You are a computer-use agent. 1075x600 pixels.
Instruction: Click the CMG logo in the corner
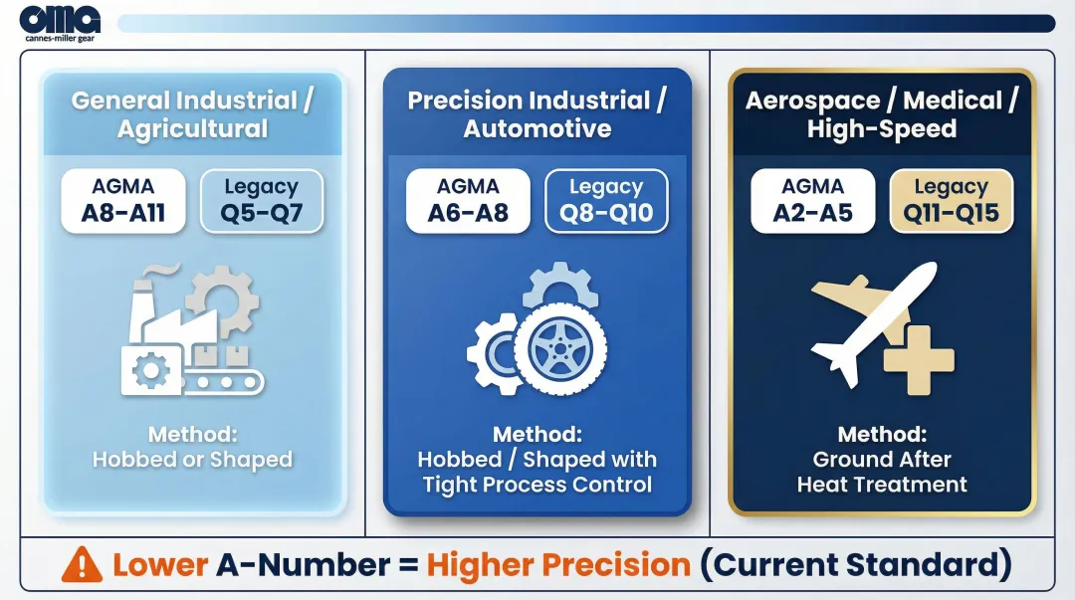coord(60,23)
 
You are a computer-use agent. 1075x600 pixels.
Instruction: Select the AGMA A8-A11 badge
coord(123,201)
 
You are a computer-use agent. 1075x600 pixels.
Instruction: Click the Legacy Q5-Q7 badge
coord(262,201)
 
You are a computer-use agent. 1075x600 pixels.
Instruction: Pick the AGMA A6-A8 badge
coord(468,201)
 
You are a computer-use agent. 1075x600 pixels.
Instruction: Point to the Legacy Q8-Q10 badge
coord(606,201)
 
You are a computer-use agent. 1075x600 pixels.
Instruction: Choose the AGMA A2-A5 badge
coord(812,201)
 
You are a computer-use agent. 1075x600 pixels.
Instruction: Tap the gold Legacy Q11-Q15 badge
coord(951,201)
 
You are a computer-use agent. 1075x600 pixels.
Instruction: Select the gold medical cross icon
coord(920,359)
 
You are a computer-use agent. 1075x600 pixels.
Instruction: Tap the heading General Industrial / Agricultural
coord(193,114)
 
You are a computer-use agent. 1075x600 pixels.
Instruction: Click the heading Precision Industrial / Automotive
coord(537,114)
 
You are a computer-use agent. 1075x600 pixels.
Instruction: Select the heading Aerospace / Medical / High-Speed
coord(882,114)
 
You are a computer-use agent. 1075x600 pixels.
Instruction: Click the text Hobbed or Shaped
coord(193,460)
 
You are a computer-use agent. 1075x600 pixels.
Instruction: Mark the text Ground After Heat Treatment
coord(882,473)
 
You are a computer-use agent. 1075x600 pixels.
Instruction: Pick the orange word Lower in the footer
coord(160,565)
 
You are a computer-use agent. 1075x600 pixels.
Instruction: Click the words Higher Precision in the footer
coord(558,565)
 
